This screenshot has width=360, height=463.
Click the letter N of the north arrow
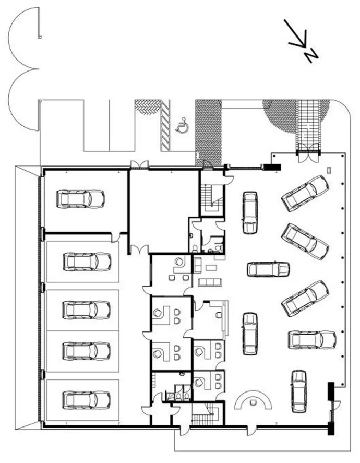tap(311, 55)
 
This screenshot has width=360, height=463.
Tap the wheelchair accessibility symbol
tap(183, 125)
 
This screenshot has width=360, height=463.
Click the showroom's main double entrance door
tap(308, 153)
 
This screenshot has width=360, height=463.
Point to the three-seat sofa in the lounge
tap(210, 282)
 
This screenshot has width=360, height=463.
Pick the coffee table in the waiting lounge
tap(211, 268)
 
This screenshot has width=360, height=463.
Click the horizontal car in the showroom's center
tap(268, 269)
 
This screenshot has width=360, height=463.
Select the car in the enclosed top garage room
tap(80, 199)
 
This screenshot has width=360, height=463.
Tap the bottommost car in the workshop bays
tap(87, 400)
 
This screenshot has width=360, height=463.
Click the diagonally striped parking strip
tap(165, 125)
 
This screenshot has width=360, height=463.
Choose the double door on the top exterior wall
tap(140, 165)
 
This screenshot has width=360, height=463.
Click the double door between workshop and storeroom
tap(139, 250)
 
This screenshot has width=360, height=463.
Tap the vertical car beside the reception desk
tap(298, 391)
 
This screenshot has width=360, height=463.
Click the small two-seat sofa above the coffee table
tap(197, 265)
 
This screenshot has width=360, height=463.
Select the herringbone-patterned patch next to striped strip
tap(148, 107)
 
